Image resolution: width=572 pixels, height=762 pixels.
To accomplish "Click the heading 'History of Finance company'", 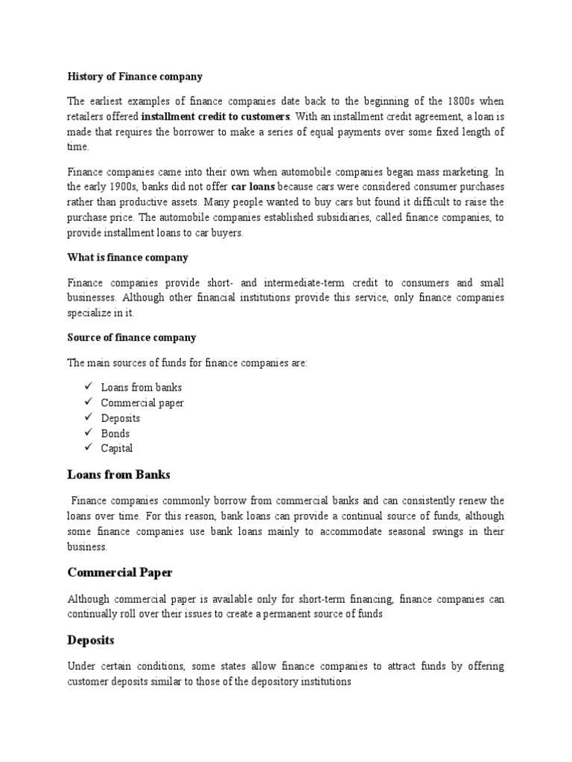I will [x=135, y=77].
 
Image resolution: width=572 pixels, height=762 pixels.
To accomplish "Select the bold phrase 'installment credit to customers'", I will [x=215, y=117].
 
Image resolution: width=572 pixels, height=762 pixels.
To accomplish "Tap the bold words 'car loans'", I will [x=253, y=187].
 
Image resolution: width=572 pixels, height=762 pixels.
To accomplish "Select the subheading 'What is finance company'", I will [x=127, y=257].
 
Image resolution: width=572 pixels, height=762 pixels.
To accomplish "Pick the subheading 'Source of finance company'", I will [x=132, y=337].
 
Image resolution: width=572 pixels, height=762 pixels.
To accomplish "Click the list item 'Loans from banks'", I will [x=142, y=388].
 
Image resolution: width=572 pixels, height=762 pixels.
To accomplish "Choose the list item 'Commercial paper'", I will [x=142, y=403].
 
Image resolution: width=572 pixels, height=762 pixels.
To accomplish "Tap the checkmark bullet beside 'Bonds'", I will [x=88, y=432].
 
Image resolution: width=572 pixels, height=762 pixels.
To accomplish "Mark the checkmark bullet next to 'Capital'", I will [x=88, y=447].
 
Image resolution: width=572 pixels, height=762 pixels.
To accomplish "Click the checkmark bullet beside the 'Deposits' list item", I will [x=88, y=417].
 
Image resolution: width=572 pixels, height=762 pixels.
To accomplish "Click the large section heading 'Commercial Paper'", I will [x=120, y=572].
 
